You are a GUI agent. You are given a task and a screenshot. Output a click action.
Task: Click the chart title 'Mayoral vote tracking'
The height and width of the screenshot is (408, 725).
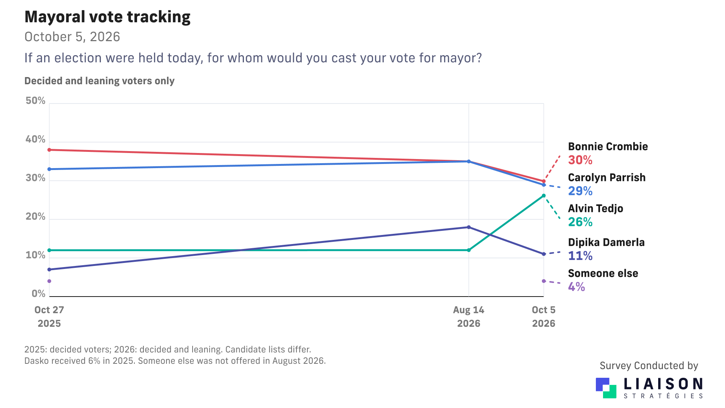(x=108, y=17)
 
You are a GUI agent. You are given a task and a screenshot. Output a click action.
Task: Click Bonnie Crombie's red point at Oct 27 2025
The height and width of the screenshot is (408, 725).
(x=49, y=150)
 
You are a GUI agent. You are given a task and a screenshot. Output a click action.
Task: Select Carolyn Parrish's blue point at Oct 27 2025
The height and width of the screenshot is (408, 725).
(x=49, y=169)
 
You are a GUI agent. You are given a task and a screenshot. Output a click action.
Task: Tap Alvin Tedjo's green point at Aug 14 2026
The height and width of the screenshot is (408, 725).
(x=469, y=250)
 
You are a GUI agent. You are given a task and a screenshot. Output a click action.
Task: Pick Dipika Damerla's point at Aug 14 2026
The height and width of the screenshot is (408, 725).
(x=469, y=227)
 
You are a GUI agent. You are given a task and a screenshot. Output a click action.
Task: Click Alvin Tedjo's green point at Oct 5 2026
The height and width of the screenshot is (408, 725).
(x=544, y=196)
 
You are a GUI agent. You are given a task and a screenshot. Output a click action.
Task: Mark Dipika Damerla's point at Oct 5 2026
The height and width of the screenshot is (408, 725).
(x=544, y=254)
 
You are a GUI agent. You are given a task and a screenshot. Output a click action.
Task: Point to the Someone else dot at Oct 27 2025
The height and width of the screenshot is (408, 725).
(x=49, y=281)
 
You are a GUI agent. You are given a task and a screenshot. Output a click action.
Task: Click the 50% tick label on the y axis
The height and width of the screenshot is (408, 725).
(x=35, y=100)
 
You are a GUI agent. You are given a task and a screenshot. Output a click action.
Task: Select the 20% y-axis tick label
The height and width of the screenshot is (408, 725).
(x=35, y=216)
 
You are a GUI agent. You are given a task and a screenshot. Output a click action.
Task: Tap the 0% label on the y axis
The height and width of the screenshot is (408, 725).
(x=39, y=294)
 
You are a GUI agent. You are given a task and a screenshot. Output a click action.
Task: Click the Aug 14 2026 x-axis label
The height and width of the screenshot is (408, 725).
(x=469, y=317)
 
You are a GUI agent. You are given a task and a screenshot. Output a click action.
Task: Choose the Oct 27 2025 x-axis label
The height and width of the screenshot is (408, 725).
(x=49, y=317)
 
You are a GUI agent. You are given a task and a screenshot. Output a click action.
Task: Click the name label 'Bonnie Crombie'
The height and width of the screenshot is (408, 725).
(x=608, y=147)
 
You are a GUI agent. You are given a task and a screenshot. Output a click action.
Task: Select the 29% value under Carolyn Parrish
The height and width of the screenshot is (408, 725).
(x=580, y=191)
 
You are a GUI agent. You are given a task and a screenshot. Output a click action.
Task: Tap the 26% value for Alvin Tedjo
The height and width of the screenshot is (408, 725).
(x=580, y=222)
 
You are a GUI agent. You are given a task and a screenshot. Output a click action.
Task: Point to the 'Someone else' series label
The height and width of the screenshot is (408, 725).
(x=603, y=274)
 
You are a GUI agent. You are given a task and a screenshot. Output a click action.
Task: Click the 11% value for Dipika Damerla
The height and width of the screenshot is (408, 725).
(x=580, y=256)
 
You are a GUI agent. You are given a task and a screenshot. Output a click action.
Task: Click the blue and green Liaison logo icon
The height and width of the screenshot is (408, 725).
(x=606, y=388)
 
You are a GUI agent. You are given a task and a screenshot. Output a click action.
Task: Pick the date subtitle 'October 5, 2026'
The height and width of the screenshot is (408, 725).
(x=72, y=37)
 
